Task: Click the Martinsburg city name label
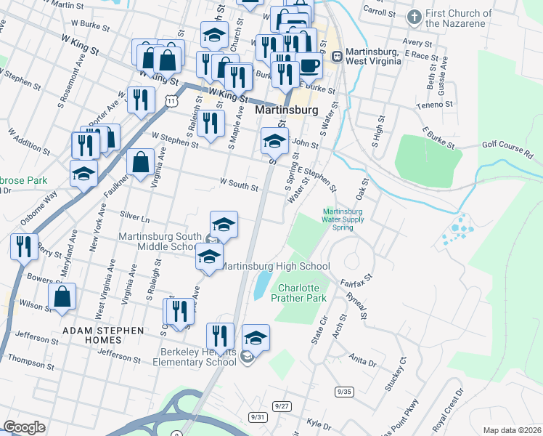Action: tap(288, 110)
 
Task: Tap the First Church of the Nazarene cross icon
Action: tap(415, 17)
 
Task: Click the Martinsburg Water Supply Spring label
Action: tap(342, 220)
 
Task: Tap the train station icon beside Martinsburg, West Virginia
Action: tap(337, 56)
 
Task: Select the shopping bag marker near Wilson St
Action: tap(62, 296)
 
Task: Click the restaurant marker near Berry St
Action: tap(24, 246)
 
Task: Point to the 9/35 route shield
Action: tap(344, 392)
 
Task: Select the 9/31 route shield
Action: tap(257, 416)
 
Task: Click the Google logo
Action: tap(24, 427)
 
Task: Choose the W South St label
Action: tap(238, 186)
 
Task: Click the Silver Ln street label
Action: tap(134, 217)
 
